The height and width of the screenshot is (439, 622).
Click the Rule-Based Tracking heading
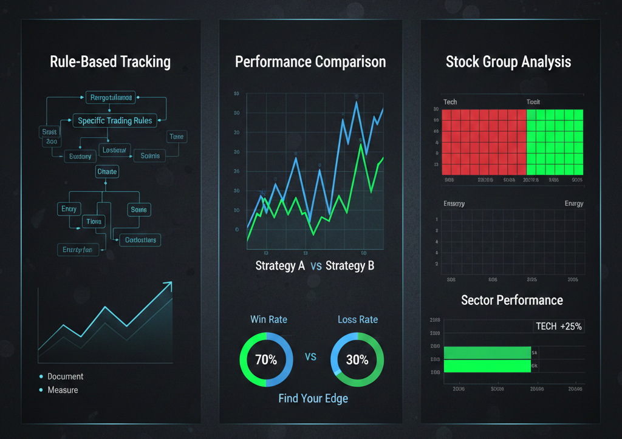[x=111, y=62]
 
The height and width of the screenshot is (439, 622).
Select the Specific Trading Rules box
[x=115, y=120]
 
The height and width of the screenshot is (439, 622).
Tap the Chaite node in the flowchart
[x=107, y=172]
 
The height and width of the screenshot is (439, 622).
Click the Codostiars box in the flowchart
[x=140, y=240]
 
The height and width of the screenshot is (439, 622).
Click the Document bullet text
[x=66, y=376]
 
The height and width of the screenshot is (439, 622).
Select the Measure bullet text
[x=63, y=390]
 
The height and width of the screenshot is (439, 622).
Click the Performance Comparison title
[x=310, y=62]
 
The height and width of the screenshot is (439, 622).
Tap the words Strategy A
[x=280, y=266]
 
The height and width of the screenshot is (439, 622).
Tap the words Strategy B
[x=350, y=266]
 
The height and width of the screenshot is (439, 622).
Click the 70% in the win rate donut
[x=266, y=359]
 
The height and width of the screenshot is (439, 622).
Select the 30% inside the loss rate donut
[x=357, y=359]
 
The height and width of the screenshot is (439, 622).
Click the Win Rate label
[x=268, y=319]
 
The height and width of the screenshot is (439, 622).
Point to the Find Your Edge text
[x=313, y=399]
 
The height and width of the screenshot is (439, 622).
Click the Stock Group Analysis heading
[x=508, y=62]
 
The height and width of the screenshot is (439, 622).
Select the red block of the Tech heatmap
[x=484, y=141]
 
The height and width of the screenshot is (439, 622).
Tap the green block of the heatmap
[x=555, y=141]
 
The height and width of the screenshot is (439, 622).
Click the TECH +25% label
[x=559, y=326]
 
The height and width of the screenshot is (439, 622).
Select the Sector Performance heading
[x=512, y=300]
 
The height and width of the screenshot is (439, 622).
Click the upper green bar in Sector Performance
[x=487, y=352]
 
